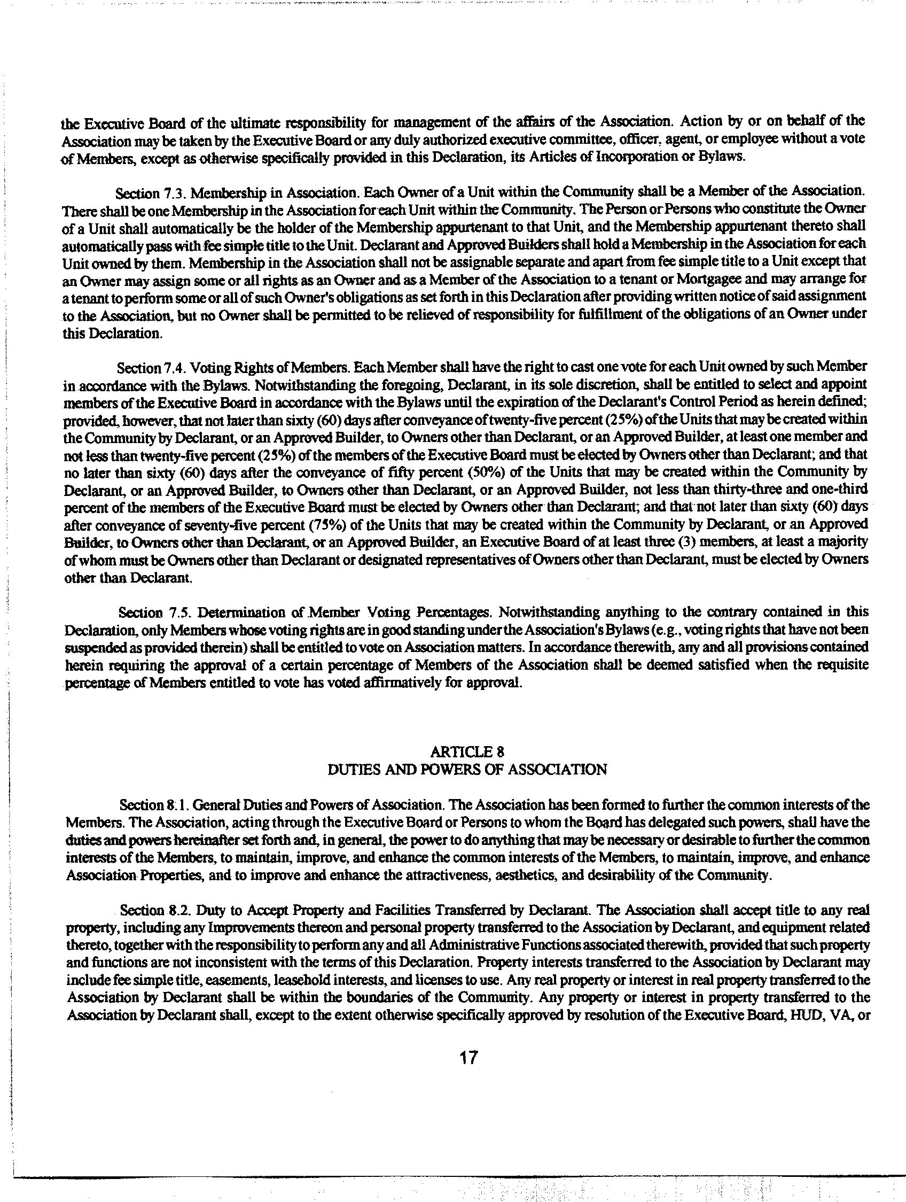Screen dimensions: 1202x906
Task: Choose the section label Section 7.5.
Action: point(154,612)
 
